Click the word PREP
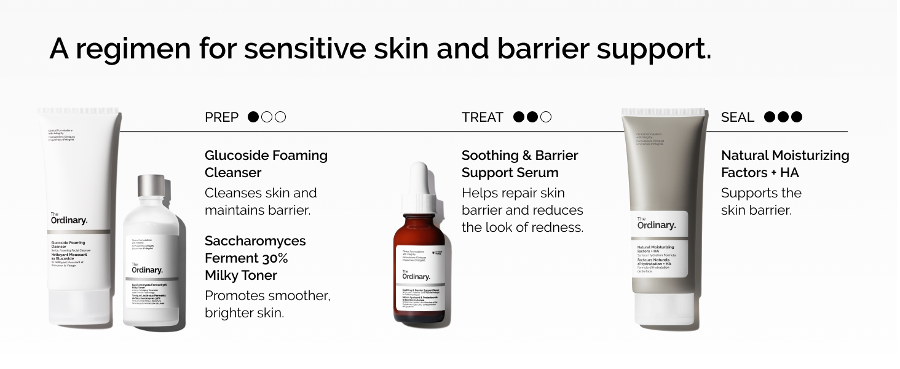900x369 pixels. (x=221, y=117)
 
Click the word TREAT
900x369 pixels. (x=483, y=117)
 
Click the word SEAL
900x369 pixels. (x=737, y=117)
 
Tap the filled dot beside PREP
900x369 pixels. (x=253, y=117)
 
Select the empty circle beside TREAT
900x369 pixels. (x=546, y=117)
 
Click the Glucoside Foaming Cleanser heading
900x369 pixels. (x=266, y=164)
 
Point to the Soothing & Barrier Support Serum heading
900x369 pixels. (x=519, y=164)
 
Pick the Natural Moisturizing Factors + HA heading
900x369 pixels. (x=784, y=164)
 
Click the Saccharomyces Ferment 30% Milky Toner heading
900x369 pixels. (x=255, y=258)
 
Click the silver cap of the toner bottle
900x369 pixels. (x=151, y=192)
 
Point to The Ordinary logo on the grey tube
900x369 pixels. (x=656, y=223)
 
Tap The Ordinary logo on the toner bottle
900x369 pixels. (x=147, y=268)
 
